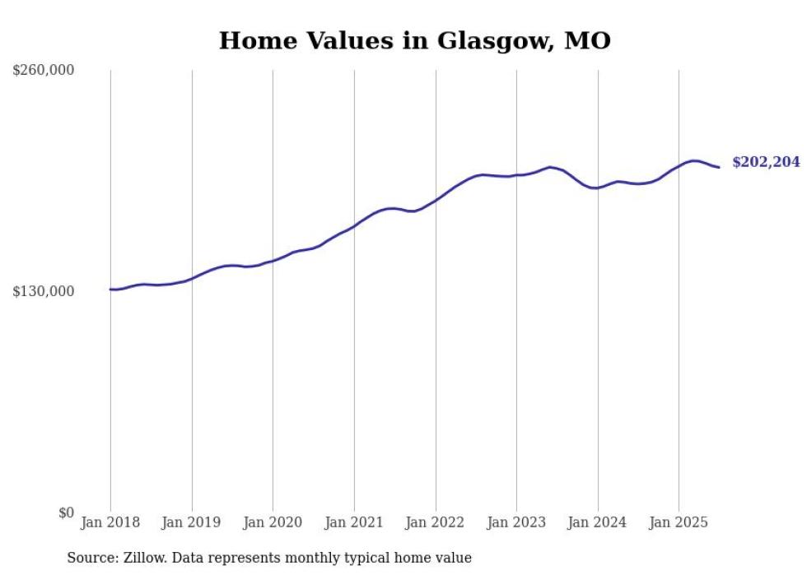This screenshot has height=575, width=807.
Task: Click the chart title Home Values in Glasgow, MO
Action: click(414, 40)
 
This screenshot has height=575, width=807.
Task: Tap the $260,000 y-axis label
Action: click(44, 71)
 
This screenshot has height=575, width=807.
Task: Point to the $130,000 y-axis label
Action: click(44, 291)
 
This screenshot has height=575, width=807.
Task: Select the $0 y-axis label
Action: click(67, 512)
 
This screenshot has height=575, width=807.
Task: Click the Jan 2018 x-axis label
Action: click(110, 522)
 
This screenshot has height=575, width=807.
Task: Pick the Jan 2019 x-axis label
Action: click(192, 522)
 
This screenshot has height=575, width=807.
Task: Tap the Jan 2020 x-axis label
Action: click(273, 522)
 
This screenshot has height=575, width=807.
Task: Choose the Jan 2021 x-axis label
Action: click(354, 522)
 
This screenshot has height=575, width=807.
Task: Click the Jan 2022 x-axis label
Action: click(436, 522)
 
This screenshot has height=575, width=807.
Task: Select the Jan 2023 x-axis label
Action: click(516, 522)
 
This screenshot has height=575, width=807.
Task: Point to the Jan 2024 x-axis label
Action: click(598, 522)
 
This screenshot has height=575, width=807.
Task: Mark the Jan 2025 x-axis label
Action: click(679, 522)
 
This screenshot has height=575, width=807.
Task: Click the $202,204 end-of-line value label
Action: click(766, 163)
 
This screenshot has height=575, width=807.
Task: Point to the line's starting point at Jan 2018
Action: click(110, 289)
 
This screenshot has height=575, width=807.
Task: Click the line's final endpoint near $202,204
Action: click(719, 168)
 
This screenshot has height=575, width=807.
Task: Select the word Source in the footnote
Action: click(91, 558)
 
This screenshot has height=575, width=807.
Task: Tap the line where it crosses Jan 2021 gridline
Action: click(354, 225)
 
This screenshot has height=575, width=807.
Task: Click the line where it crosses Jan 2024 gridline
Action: click(598, 188)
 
